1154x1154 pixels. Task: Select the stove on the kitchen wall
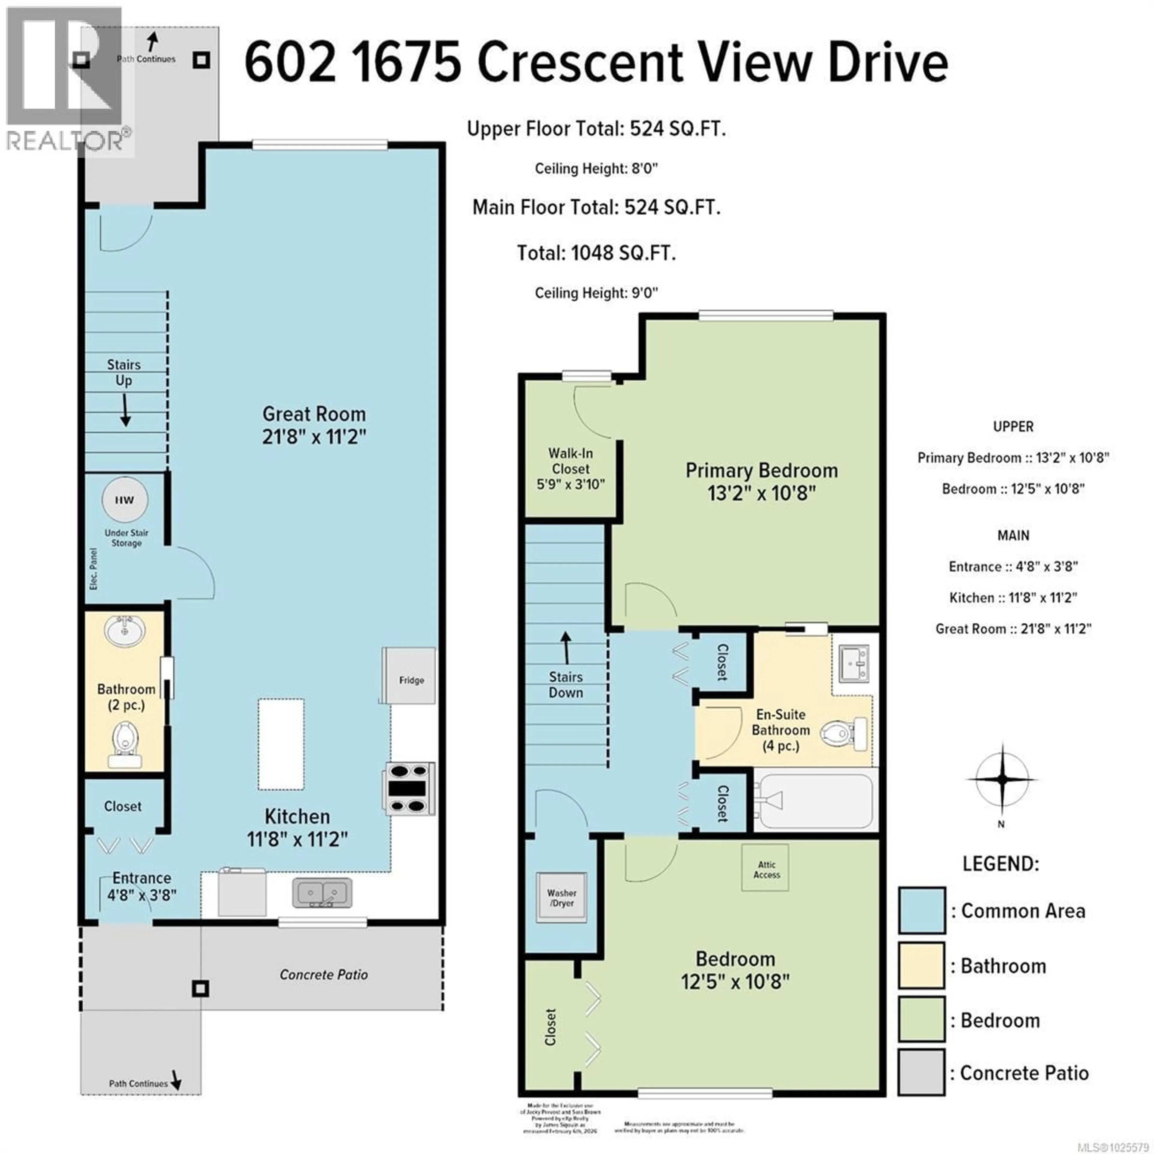point(409,789)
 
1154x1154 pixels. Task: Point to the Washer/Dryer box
point(561,898)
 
